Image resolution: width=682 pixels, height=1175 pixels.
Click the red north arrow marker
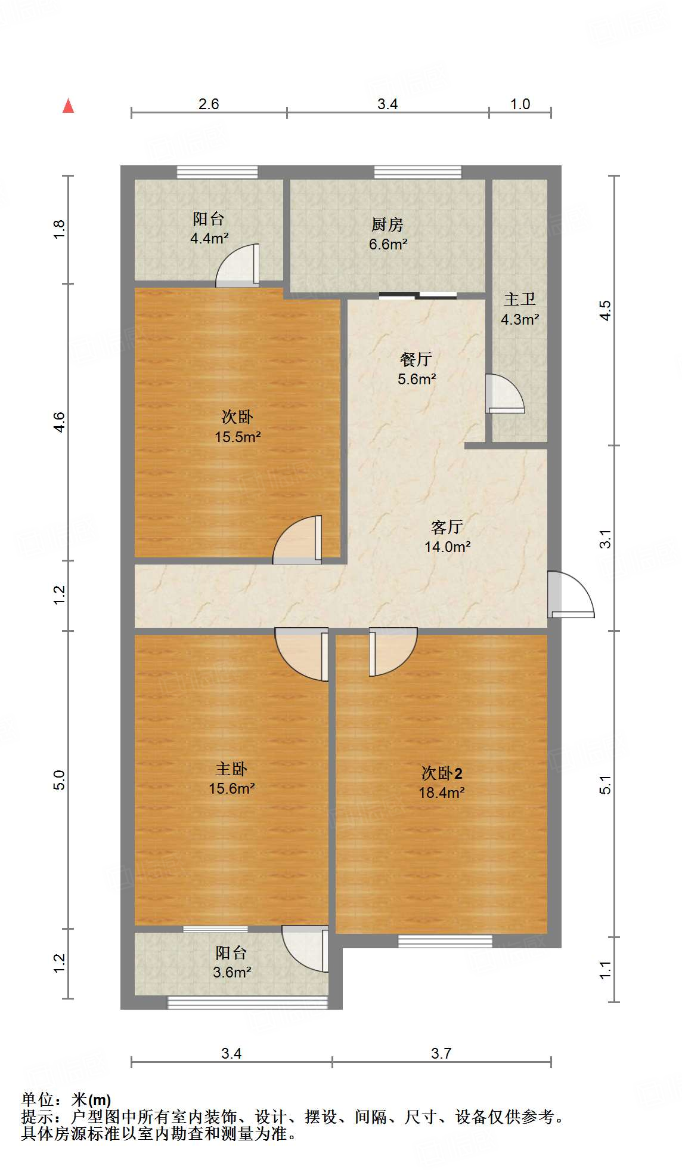69,106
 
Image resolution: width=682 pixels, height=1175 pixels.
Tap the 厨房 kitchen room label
387,225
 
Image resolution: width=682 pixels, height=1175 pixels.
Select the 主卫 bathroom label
519,300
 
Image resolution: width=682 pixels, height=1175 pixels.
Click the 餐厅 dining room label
416,359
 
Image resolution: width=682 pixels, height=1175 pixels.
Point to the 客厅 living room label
447,527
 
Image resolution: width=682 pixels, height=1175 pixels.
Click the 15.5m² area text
237,437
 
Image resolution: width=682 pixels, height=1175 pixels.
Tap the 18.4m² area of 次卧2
441,792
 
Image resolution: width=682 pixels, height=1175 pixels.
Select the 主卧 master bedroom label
231,769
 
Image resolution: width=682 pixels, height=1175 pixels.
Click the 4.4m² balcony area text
209,238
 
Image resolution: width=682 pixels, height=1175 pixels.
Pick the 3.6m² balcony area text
232,972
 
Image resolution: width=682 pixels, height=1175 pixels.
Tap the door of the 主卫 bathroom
504,394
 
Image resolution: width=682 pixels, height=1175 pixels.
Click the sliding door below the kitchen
417,295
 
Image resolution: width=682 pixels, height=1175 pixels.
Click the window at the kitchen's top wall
417,172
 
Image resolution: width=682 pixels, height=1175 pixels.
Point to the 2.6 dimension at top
209,104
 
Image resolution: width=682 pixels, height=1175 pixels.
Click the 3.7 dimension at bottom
441,1053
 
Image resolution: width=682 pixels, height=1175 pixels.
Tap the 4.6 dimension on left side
59,422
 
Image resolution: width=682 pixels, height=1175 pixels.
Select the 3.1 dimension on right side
605,539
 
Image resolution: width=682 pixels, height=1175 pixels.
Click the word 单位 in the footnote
37,1099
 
